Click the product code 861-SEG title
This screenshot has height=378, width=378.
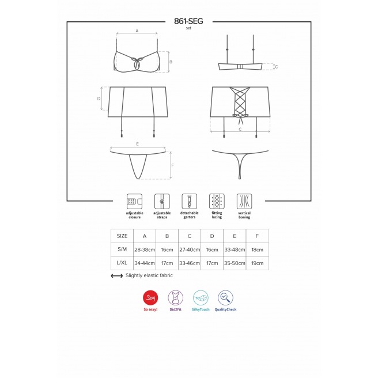pos(188,21)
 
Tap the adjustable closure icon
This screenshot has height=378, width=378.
pos(134,201)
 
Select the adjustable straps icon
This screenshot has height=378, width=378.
pos(162,201)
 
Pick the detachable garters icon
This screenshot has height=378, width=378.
pos(190,201)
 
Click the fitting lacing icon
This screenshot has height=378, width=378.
pos(217,201)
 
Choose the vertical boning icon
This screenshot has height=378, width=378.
pos(244,201)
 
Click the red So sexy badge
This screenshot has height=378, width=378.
pos(150,298)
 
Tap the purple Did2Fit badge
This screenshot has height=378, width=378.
pos(176,298)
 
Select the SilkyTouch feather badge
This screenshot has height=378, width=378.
pos(201,298)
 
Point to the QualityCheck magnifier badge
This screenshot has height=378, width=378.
pos(225,298)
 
